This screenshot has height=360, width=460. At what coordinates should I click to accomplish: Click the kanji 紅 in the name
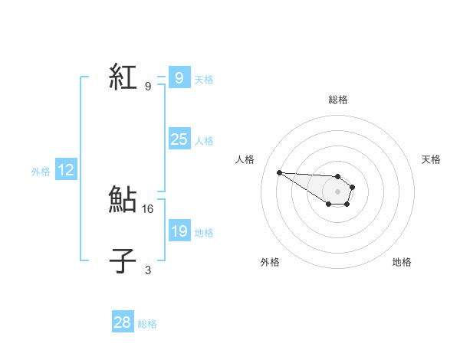click(123, 77)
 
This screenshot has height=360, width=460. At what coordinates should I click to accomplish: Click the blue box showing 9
click(179, 77)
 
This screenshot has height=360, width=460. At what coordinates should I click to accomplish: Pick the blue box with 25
click(179, 139)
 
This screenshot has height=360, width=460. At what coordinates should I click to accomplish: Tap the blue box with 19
click(179, 231)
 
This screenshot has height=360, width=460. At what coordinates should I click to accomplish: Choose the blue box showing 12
click(66, 170)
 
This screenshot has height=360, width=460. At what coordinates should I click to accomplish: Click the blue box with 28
click(123, 322)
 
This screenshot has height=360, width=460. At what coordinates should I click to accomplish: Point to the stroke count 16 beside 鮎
click(149, 208)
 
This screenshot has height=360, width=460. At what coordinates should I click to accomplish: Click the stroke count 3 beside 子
click(148, 270)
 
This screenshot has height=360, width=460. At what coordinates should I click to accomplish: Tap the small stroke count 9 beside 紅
click(148, 86)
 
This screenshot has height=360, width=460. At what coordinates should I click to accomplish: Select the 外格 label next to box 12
click(41, 172)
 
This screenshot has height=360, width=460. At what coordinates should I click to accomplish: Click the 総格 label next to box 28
click(147, 324)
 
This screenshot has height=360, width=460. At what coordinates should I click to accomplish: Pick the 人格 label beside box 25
click(204, 141)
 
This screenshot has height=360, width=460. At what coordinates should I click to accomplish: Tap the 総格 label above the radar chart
click(337, 100)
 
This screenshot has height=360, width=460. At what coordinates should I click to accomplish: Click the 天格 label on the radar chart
click(431, 159)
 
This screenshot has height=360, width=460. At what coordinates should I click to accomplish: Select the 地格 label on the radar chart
click(402, 262)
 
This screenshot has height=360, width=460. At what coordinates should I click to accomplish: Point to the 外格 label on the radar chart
click(270, 262)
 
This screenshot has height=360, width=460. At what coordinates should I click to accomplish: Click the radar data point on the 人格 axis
click(279, 172)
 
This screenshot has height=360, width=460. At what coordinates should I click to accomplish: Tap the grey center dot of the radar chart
click(337, 191)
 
